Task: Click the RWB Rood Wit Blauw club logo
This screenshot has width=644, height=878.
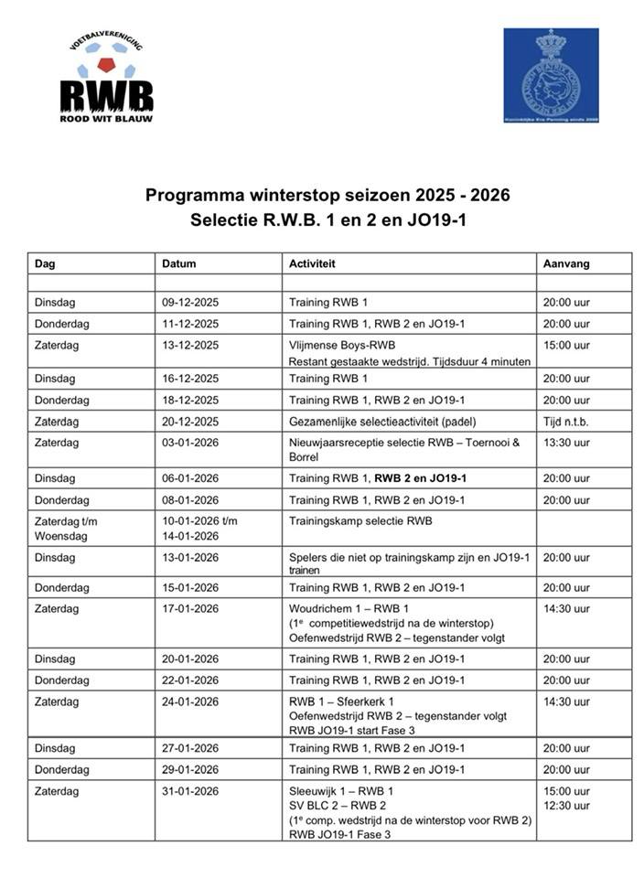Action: click(106, 80)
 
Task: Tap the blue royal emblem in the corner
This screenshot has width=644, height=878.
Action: click(550, 75)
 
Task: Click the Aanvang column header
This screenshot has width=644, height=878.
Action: click(566, 263)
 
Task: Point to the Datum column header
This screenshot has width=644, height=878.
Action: click(179, 263)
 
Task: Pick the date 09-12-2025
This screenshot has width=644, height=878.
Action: click(190, 302)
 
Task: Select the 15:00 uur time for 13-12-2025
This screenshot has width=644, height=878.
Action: click(566, 346)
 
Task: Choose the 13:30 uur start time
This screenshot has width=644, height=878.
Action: click(566, 443)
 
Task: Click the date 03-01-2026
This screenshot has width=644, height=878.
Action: click(190, 443)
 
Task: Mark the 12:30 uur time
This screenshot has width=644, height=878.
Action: click(566, 806)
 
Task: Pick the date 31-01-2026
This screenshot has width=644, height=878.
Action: click(190, 791)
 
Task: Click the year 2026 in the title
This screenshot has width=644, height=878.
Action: click(486, 195)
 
